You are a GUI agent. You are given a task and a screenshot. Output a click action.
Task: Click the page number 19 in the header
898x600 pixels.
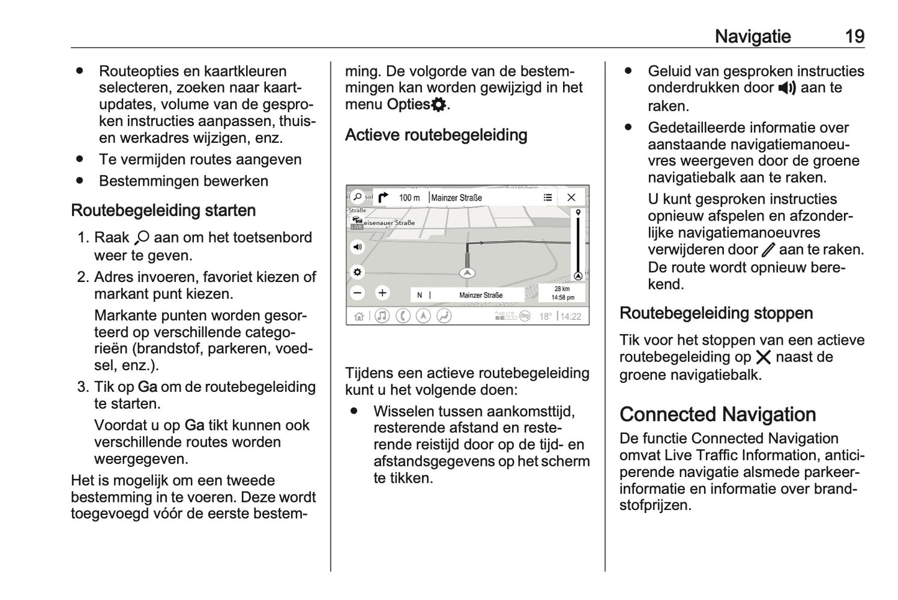[x=854, y=36]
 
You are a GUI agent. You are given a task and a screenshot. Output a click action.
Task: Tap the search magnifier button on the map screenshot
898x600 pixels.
[x=357, y=197]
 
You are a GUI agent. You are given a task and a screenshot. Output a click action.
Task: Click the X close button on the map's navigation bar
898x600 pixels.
[x=571, y=198]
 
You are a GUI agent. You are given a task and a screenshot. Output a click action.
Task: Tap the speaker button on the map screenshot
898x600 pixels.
[x=357, y=247]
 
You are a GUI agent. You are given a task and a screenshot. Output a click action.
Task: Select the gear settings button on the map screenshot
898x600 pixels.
[x=357, y=272]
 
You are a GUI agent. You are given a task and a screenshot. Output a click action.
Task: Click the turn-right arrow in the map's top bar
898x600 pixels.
[x=383, y=198]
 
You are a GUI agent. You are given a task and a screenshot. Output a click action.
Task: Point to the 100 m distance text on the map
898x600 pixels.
[x=409, y=198]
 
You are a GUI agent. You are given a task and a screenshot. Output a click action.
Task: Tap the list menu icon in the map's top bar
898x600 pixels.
[x=548, y=198]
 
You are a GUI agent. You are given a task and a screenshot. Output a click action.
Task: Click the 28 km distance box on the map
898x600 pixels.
[x=562, y=293]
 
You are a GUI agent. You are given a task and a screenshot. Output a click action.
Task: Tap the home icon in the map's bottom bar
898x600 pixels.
[x=359, y=316]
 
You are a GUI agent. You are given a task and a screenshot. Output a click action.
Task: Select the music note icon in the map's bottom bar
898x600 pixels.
[x=382, y=316]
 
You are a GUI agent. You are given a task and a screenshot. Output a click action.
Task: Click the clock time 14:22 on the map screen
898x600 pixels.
[x=570, y=316]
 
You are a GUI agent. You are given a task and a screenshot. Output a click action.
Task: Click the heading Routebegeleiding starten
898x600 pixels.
[x=163, y=211]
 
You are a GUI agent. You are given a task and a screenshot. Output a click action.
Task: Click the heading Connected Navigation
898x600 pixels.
[x=718, y=414]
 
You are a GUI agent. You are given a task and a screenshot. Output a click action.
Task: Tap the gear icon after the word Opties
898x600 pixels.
[x=439, y=104]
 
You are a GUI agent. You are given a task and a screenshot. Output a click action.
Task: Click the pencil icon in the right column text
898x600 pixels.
[x=768, y=250]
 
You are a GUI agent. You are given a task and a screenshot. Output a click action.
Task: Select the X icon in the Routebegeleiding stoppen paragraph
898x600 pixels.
[x=763, y=357]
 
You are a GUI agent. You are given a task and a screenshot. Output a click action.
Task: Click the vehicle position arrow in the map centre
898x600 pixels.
[x=467, y=273]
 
